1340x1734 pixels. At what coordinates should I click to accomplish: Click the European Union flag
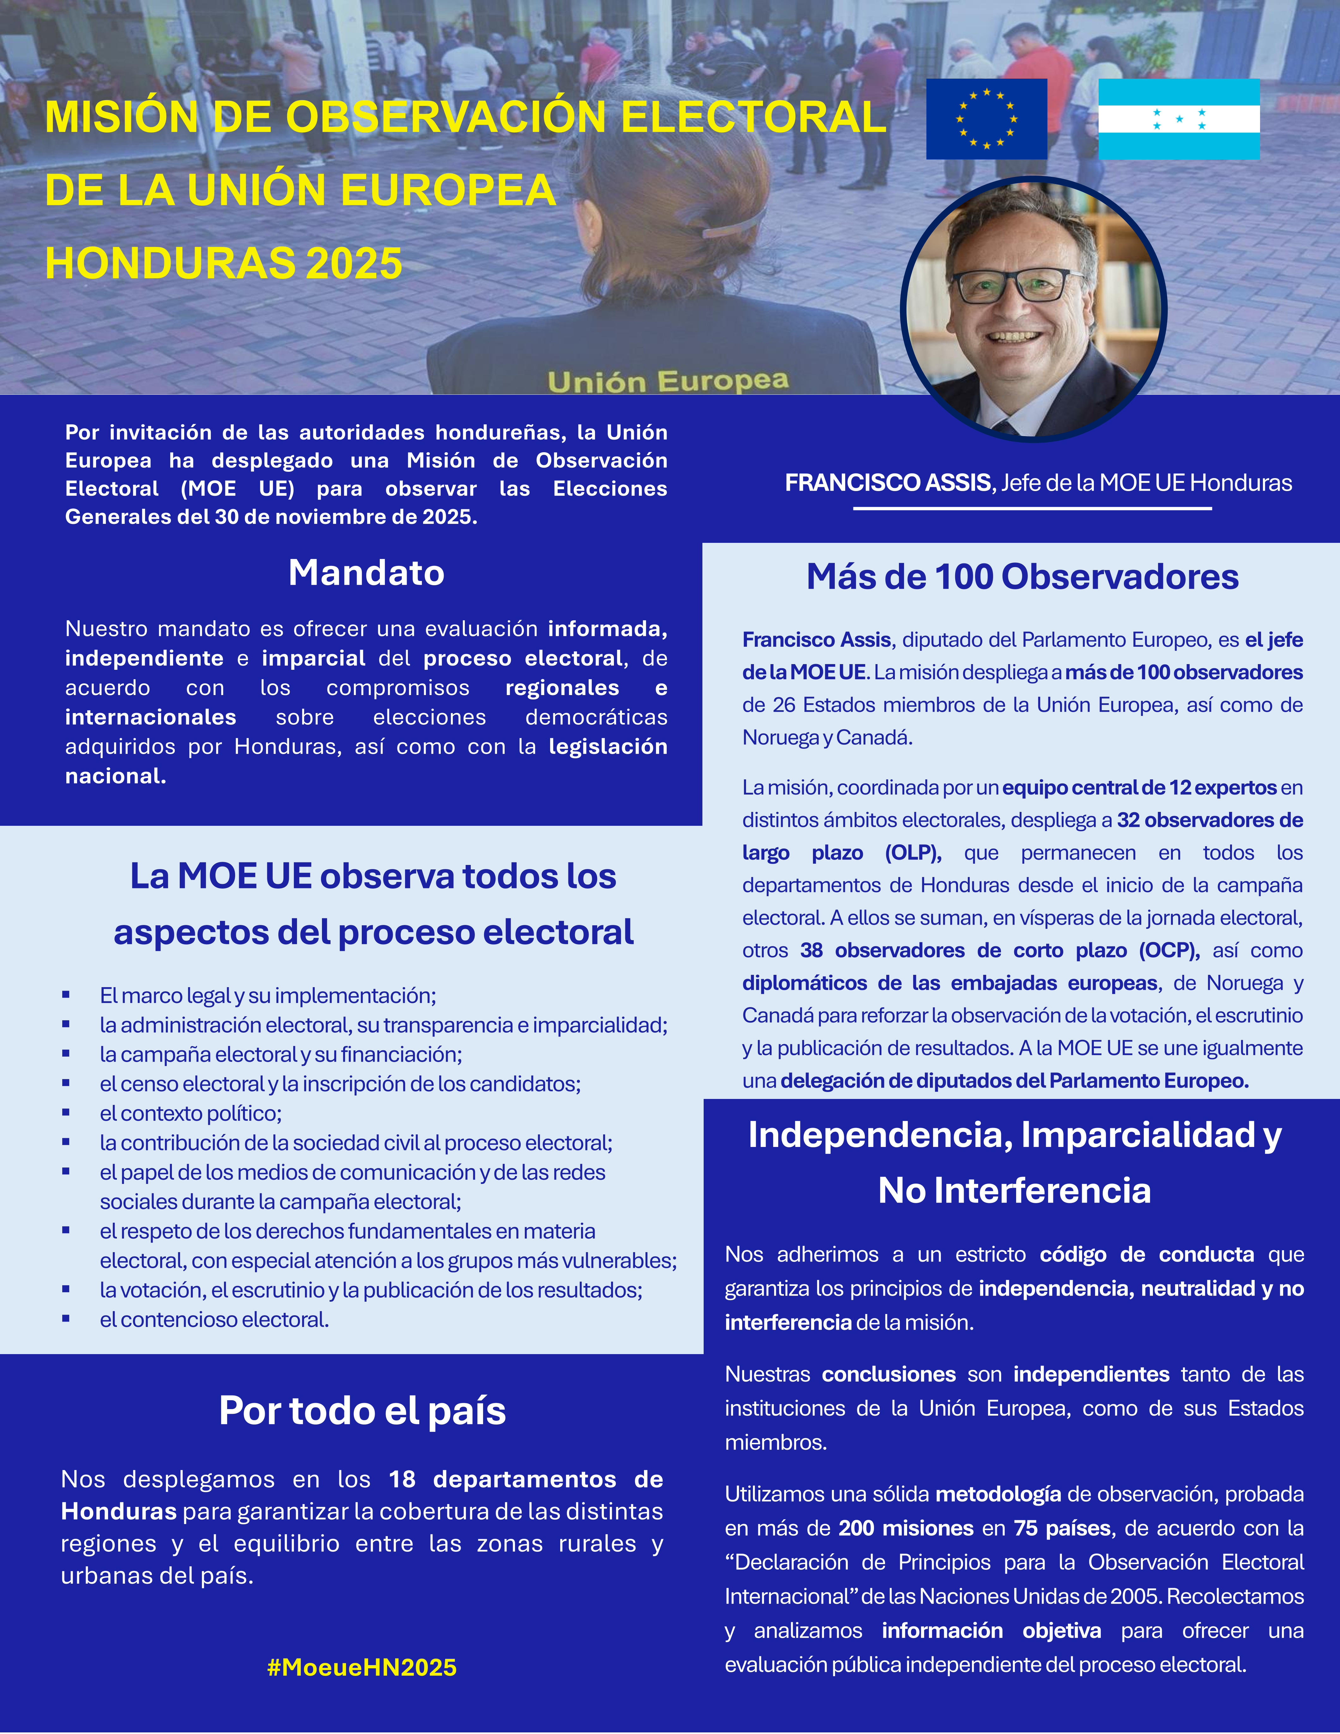coord(986,119)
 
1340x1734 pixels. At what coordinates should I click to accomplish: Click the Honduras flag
coord(1179,119)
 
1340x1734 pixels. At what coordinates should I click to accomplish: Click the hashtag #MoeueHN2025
coord(362,1666)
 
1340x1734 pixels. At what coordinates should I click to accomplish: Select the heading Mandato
coord(366,573)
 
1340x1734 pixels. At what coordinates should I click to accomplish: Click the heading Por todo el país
coord(362,1411)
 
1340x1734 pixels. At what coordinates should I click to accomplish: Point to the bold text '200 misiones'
coord(906,1528)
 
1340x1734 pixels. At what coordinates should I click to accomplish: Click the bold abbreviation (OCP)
coord(1169,950)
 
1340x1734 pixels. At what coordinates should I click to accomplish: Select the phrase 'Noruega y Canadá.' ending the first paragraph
coord(827,738)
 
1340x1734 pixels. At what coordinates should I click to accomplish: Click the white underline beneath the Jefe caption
coord(1033,508)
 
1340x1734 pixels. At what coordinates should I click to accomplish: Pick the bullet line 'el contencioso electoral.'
coord(215,1320)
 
